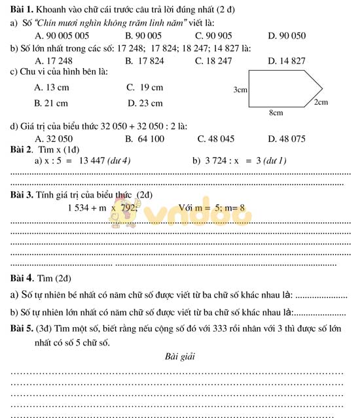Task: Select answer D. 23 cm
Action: tap(145, 103)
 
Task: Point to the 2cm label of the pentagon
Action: tap(321, 103)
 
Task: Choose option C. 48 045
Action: tap(215, 138)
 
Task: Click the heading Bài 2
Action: tap(23, 149)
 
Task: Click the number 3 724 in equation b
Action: tap(218, 160)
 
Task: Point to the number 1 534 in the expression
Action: tap(79, 208)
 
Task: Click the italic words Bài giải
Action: tap(181, 357)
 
